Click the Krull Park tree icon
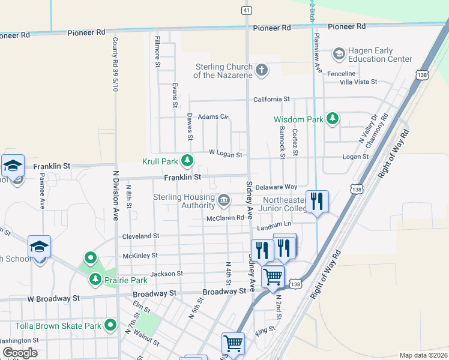[x=188, y=161]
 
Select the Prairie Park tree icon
[x=95, y=280]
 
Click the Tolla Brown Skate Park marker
[x=110, y=325]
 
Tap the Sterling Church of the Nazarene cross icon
[x=261, y=71]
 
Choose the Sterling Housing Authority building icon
[x=223, y=199]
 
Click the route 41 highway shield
[x=247, y=10]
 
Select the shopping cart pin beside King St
[x=233, y=344]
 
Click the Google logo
[x=20, y=352]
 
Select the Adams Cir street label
[x=214, y=116]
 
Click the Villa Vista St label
[x=358, y=82]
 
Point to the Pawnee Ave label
[x=42, y=190]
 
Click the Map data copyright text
[x=423, y=355]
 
